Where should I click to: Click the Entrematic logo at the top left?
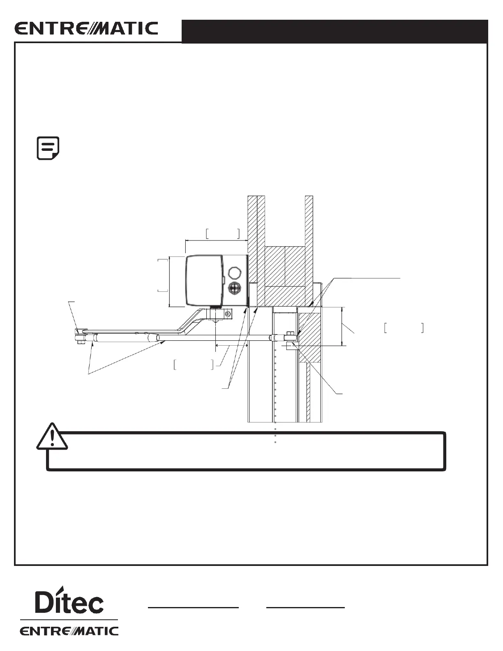pos(86,29)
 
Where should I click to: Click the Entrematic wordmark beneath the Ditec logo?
pos(69,631)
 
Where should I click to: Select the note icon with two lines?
pos(48,148)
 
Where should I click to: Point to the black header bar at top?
pos(335,31)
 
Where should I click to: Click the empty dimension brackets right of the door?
pos(404,328)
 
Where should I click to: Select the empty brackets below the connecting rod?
pos(194,365)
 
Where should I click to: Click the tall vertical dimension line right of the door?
pos(342,326)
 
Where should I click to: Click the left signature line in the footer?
pos(193,607)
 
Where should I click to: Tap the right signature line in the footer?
pos(305,607)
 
